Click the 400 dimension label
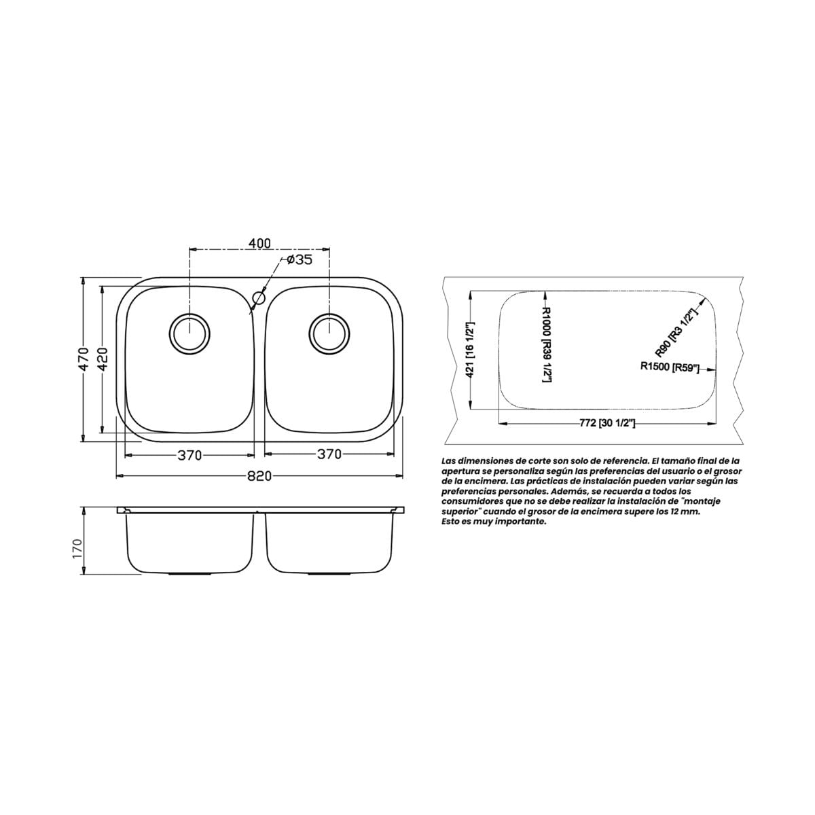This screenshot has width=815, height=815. click(x=259, y=243)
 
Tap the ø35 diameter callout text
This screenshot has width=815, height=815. click(x=300, y=259)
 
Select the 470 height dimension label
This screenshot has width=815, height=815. click(x=84, y=359)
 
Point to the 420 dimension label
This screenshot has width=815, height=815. click(x=103, y=359)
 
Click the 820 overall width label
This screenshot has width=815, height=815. click(x=259, y=476)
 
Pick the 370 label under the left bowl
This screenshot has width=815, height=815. click(x=189, y=455)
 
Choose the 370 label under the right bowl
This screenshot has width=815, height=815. click(x=329, y=454)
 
